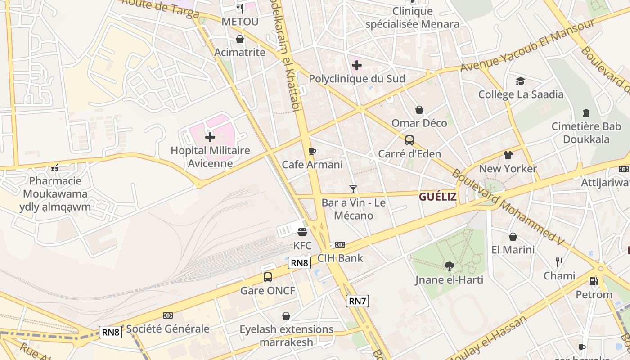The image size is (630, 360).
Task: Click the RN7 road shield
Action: [x=358, y=301]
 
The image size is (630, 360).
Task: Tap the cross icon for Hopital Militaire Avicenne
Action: [x=210, y=137]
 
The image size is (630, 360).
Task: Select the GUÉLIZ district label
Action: [x=438, y=197]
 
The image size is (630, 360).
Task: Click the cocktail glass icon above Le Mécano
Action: [x=353, y=189]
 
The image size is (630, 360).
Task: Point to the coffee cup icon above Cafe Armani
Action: [x=312, y=151]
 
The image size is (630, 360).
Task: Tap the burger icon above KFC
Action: [x=302, y=232]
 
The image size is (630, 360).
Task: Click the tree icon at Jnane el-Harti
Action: [x=449, y=266]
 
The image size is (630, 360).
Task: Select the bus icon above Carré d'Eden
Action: [x=409, y=140]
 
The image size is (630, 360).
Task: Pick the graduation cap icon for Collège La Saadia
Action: [x=521, y=81]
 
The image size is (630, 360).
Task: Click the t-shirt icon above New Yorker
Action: [x=508, y=155]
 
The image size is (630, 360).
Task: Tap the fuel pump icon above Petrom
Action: [x=594, y=281]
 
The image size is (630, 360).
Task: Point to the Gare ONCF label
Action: [x=268, y=291]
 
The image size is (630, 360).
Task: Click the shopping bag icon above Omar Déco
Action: [x=419, y=110]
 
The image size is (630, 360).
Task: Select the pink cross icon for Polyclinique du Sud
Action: [x=357, y=66]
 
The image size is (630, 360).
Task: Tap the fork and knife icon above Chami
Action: [x=559, y=262]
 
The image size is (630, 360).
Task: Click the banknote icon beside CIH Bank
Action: [x=340, y=245]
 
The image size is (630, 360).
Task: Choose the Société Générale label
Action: [x=168, y=328]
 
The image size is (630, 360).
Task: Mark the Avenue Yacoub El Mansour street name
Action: [x=528, y=46]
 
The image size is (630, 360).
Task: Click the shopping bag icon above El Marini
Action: [x=513, y=237]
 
